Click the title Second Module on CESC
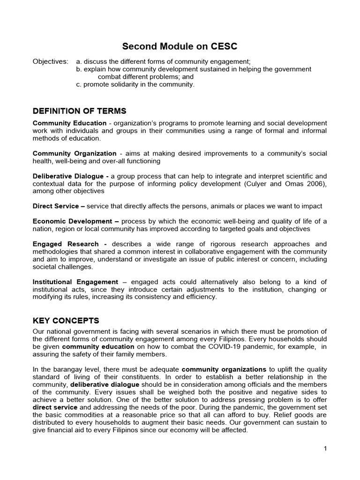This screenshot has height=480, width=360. pos(180,46)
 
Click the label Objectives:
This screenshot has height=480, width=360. pos(50,61)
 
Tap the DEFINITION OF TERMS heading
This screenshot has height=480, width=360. pos(79,111)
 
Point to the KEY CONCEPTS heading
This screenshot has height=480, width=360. pos(66,321)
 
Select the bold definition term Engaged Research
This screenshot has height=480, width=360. pos(66,244)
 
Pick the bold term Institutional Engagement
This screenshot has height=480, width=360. pos(75,282)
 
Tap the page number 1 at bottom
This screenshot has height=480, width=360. pos(325,449)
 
